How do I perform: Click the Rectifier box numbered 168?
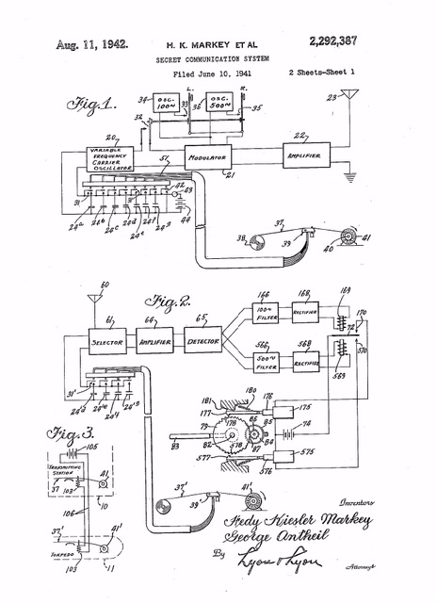coord(306,312)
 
